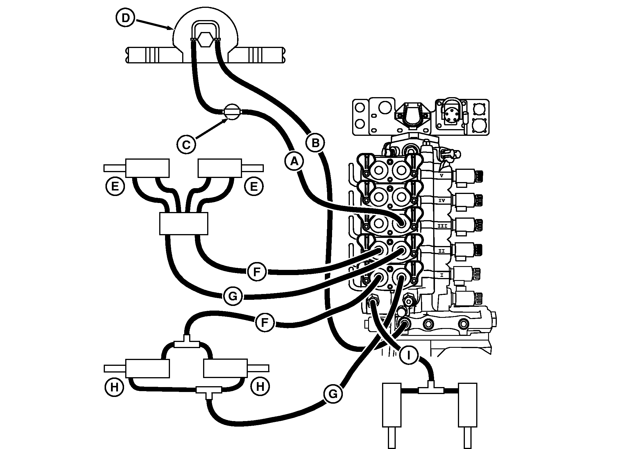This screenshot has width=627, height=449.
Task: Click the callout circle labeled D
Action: point(125,18)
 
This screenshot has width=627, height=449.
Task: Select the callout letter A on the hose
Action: point(294,161)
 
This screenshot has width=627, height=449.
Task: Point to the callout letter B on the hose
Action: point(315,143)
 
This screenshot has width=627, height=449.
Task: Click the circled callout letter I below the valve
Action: point(409,355)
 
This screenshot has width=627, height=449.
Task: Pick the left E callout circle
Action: point(115,186)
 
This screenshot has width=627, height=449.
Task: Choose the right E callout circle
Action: point(254,186)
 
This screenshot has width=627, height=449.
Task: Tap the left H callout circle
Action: point(114,387)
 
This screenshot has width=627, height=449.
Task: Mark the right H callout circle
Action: point(260,387)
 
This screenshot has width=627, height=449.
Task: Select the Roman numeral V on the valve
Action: point(442,175)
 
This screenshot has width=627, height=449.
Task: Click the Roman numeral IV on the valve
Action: point(442,200)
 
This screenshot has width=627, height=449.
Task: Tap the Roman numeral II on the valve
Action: point(442,251)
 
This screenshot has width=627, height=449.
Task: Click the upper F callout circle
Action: point(257,272)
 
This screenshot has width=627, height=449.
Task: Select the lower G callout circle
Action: point(333,394)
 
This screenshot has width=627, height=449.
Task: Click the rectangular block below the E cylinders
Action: point(184,223)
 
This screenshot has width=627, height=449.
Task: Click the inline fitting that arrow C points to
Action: point(232,112)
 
